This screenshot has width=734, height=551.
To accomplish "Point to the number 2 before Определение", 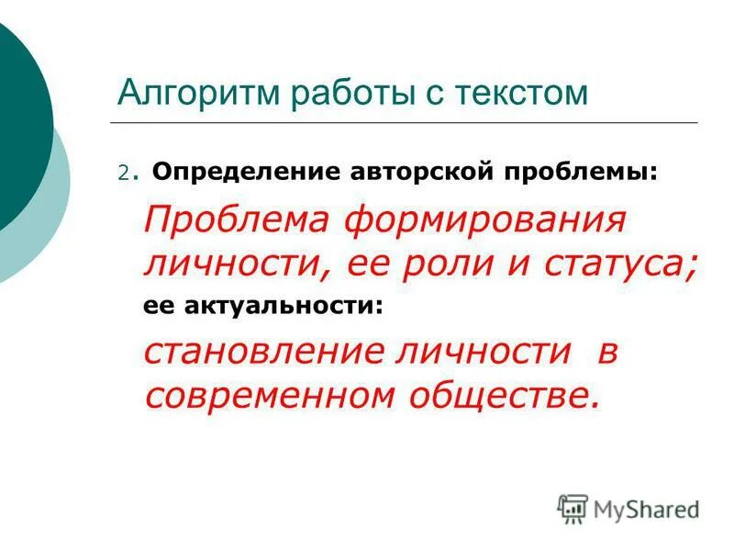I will click(x=122, y=172).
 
